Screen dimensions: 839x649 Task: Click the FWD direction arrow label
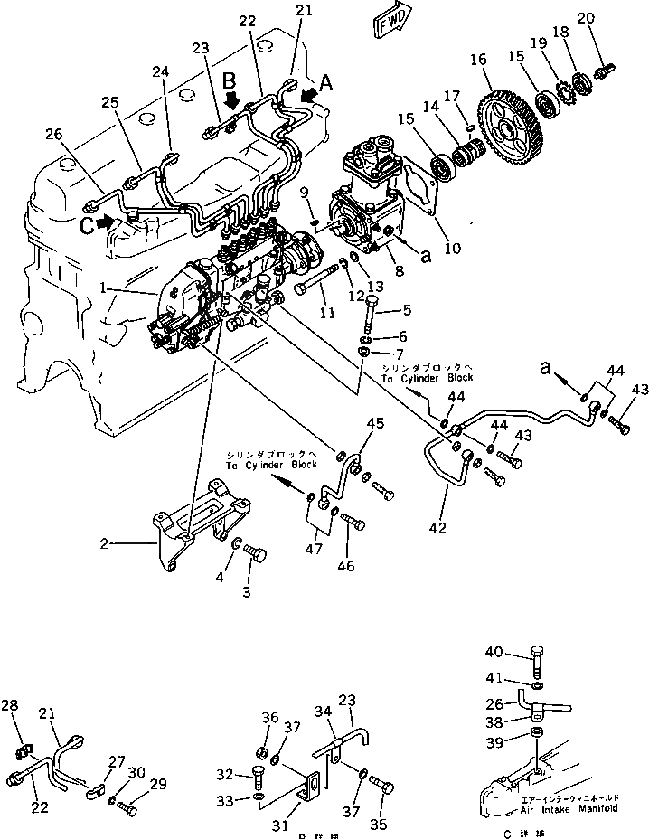pos(391,20)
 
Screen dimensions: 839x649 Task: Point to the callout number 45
pos(373,423)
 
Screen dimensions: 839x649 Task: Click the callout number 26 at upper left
pos(53,136)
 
